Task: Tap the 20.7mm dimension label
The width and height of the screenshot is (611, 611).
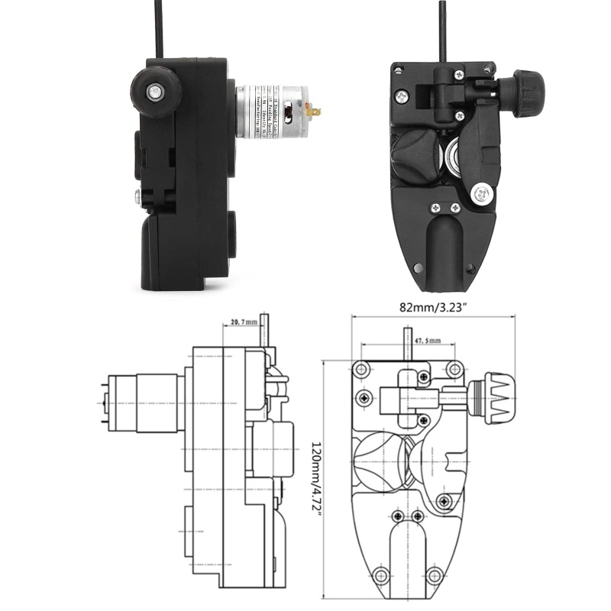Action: point(243,324)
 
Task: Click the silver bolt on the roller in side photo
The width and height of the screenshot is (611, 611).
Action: point(156,92)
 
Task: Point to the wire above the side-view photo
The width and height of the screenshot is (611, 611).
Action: point(157,27)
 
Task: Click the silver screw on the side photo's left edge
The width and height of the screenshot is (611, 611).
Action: point(137,196)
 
